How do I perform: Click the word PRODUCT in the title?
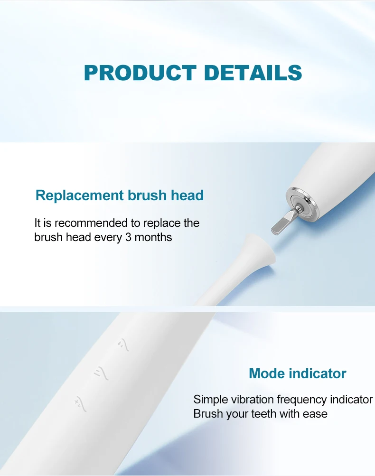(x=140, y=73)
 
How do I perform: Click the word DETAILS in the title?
(x=253, y=73)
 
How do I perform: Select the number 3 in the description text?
(x=128, y=237)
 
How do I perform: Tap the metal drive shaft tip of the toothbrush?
(x=280, y=223)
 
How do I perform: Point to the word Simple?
(x=210, y=400)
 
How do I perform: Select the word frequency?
(x=302, y=400)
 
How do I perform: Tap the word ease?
(x=315, y=414)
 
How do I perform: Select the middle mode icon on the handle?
(x=102, y=373)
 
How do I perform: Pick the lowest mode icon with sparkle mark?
(x=79, y=404)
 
